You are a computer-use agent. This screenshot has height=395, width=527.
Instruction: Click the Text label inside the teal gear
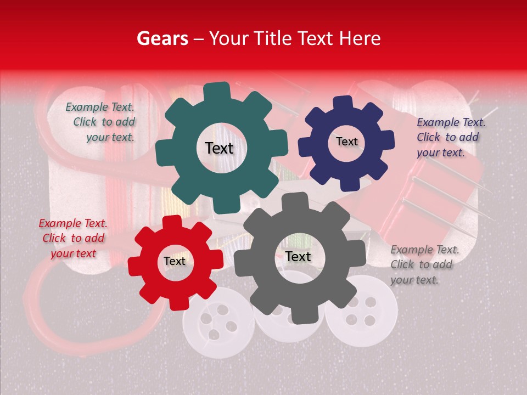click(x=219, y=148)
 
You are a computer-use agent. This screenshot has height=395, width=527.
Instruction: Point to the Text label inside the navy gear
click(x=346, y=142)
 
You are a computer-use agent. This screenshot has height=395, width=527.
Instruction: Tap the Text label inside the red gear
click(x=174, y=262)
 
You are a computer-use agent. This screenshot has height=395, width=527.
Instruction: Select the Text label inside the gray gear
click(x=298, y=257)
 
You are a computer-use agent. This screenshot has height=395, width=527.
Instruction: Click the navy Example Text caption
click(x=450, y=138)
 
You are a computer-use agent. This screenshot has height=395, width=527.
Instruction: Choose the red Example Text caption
click(x=73, y=238)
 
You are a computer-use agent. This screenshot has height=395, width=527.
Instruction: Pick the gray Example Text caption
click(x=424, y=264)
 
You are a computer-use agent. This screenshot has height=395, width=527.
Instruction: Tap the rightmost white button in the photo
click(x=361, y=310)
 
